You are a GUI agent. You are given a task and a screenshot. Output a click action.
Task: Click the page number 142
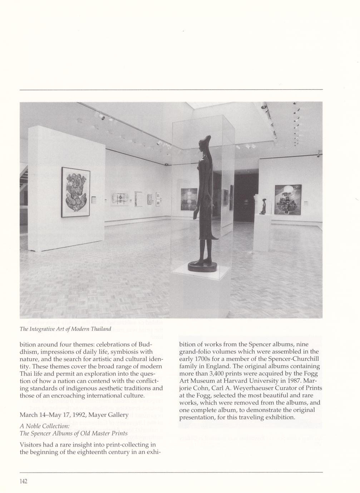pyautogui.click(x=23, y=481)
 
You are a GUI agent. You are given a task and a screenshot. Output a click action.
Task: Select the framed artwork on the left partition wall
pyautogui.click(x=76, y=192)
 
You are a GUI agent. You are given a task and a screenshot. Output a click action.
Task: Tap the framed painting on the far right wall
pyautogui.click(x=288, y=200)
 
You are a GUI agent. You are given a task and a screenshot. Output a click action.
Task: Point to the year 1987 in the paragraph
pyautogui.click(x=293, y=381)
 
